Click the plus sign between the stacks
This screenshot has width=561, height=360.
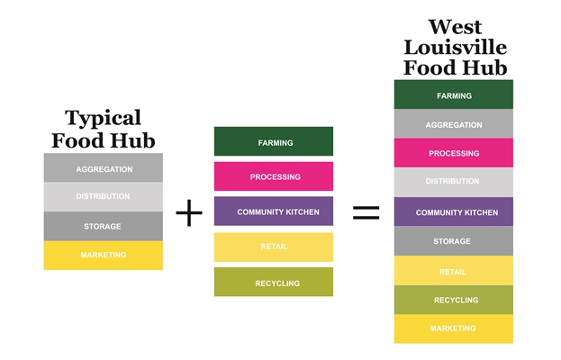tap(189, 213)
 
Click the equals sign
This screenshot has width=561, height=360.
tap(366, 213)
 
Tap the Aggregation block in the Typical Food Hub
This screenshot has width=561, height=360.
tap(104, 168)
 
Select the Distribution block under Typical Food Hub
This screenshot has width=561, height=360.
tap(104, 196)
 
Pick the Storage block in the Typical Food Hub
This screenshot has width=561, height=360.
tap(104, 226)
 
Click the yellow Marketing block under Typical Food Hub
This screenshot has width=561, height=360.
tap(104, 256)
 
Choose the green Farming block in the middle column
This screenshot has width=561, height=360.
tap(274, 142)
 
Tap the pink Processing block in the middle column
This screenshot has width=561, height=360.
tap(274, 176)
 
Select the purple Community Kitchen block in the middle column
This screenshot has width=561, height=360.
tap(274, 211)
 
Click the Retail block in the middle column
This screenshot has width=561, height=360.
tap(274, 247)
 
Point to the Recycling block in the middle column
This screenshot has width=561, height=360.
tap(274, 283)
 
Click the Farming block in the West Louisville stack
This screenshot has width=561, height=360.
tap(453, 94)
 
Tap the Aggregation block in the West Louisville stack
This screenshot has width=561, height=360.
tap(453, 124)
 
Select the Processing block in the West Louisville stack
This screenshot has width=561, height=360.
tap(453, 153)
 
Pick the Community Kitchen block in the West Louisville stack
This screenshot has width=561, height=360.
tap(453, 212)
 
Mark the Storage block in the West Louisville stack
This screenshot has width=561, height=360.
tap(453, 241)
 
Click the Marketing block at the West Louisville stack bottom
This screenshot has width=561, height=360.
tap(453, 328)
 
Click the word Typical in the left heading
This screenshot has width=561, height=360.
tap(104, 119)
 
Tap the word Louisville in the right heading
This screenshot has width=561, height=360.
tap(455, 48)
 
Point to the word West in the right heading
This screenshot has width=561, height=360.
tap(455, 27)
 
